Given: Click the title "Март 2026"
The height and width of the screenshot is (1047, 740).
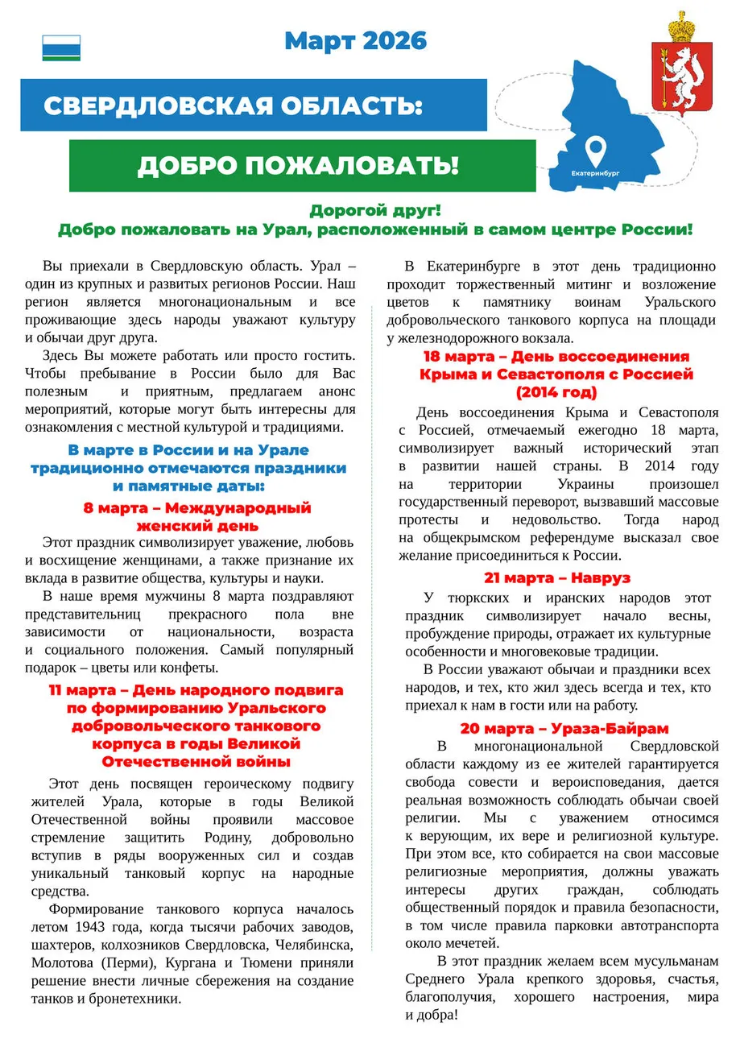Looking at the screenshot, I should coord(355,40).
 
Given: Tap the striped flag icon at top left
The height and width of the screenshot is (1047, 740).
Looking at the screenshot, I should coord(61,48).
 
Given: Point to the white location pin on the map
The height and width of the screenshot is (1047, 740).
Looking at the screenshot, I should coord(595,149).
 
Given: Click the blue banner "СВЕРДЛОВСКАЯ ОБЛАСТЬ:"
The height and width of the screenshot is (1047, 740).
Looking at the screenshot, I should coord(234,106).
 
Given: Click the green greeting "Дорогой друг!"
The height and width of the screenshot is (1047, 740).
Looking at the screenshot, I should coord(375,211).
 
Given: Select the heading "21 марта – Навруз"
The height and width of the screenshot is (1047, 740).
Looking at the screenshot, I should coord(557,577).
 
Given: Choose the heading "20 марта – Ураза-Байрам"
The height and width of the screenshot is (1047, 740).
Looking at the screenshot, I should coord(564,729).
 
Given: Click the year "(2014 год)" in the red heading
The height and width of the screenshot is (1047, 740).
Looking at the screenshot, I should coord(556,393).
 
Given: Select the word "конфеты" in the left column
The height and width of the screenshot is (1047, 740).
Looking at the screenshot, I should coord(189,668).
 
